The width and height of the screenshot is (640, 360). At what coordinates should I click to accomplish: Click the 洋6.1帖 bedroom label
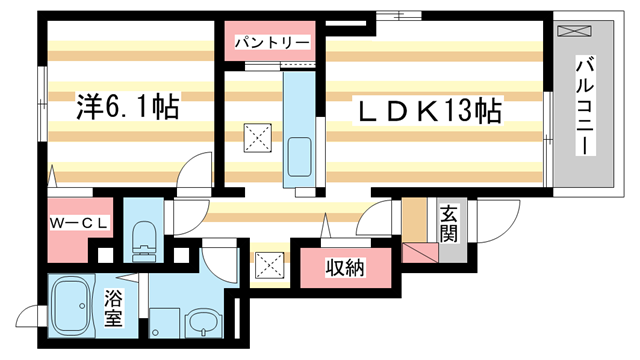click(127, 108)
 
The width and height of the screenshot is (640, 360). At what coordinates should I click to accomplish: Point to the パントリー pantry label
click(271, 43)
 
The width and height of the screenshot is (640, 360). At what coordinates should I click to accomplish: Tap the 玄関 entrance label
click(449, 222)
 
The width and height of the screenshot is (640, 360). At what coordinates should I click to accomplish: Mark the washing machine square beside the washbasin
click(165, 322)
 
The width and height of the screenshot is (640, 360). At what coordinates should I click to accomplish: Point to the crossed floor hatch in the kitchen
click(258, 138)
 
